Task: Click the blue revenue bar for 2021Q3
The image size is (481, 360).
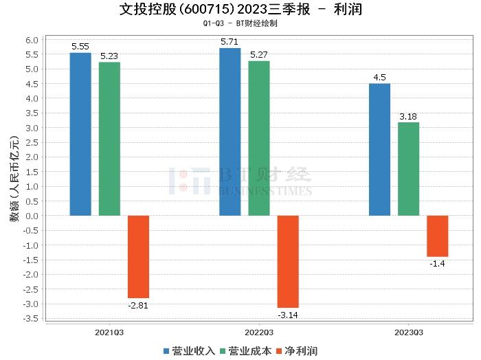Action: (x=80, y=134)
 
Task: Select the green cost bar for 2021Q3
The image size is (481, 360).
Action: (x=109, y=139)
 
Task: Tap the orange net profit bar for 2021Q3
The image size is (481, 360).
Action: (x=138, y=256)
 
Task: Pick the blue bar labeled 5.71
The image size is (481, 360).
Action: (x=230, y=132)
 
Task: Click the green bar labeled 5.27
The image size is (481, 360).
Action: (x=259, y=138)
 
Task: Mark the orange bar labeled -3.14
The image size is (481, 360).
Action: (x=288, y=261)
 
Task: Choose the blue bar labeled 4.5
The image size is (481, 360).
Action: (x=379, y=150)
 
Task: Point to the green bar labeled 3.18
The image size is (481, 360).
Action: (x=408, y=169)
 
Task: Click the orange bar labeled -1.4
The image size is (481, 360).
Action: (x=437, y=236)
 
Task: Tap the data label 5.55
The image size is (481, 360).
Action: (x=80, y=47)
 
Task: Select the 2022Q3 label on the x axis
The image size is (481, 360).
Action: (x=259, y=332)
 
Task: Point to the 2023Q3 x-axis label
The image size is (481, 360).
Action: (x=408, y=332)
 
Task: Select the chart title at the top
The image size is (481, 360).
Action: (x=240, y=10)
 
